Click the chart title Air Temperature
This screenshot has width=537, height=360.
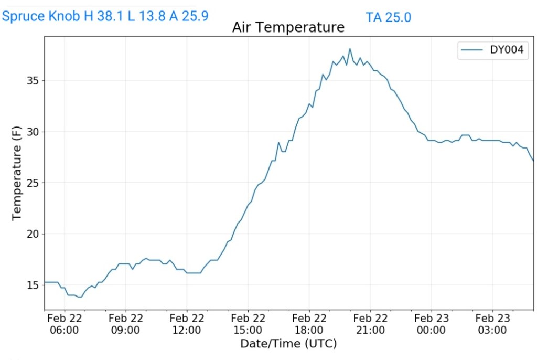click(288, 27)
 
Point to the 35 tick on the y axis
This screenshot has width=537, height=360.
click(32, 81)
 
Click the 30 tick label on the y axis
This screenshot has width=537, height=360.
click(32, 132)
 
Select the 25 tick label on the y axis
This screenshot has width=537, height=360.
click(32, 183)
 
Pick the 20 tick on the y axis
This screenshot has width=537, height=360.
click(32, 234)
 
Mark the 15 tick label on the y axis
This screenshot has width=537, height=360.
click(32, 285)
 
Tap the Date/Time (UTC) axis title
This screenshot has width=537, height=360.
click(288, 344)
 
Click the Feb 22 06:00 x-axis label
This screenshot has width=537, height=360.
click(65, 324)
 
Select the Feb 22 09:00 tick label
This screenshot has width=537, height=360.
click(126, 324)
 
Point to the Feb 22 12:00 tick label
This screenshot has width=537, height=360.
click(187, 324)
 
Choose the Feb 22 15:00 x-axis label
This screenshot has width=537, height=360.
click(248, 324)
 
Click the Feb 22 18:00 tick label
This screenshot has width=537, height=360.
click(309, 324)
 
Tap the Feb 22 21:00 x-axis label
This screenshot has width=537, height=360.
click(370, 324)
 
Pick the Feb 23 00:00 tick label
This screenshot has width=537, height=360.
click(431, 324)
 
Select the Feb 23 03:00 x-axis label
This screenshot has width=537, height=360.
click(492, 324)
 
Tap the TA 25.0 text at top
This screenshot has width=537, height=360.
click(388, 17)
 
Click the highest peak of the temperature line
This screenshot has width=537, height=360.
click(350, 49)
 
